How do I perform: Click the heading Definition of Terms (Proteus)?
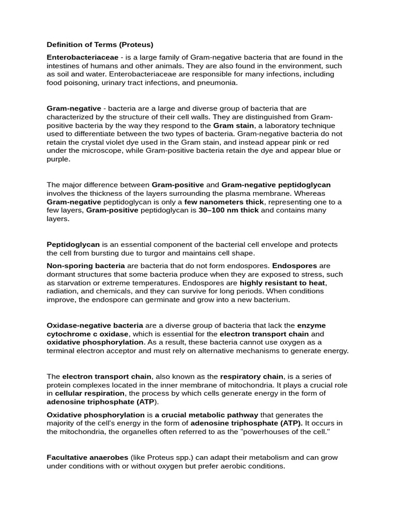100,44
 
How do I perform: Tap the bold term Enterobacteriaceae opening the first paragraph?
82,57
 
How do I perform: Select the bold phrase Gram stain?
234,126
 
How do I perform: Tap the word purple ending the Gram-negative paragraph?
58,159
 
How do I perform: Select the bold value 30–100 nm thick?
228,210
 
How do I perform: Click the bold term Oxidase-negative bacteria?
95,325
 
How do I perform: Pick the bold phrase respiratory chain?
251,377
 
